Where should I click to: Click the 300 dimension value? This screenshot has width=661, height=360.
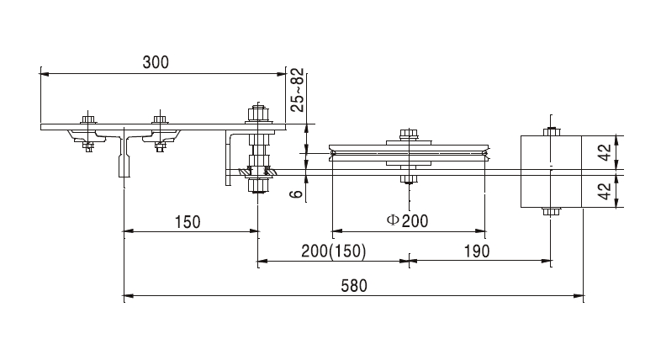(x=156, y=62)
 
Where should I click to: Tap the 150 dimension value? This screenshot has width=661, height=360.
(x=188, y=222)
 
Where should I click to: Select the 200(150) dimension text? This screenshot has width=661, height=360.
(x=334, y=251)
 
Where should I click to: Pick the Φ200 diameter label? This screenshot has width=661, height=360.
(x=407, y=221)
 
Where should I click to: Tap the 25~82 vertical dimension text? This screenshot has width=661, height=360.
(x=295, y=92)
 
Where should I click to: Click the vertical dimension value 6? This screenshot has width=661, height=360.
(x=295, y=193)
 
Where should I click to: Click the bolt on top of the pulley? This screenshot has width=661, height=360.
(x=409, y=134)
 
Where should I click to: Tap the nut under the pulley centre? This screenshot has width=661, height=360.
(x=409, y=178)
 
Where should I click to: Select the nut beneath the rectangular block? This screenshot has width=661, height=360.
(x=550, y=211)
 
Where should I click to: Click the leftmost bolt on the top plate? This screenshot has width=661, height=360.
(x=87, y=119)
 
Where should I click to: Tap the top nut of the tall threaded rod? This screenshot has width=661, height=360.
(x=257, y=110)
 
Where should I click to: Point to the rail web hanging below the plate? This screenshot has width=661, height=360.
(x=124, y=161)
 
